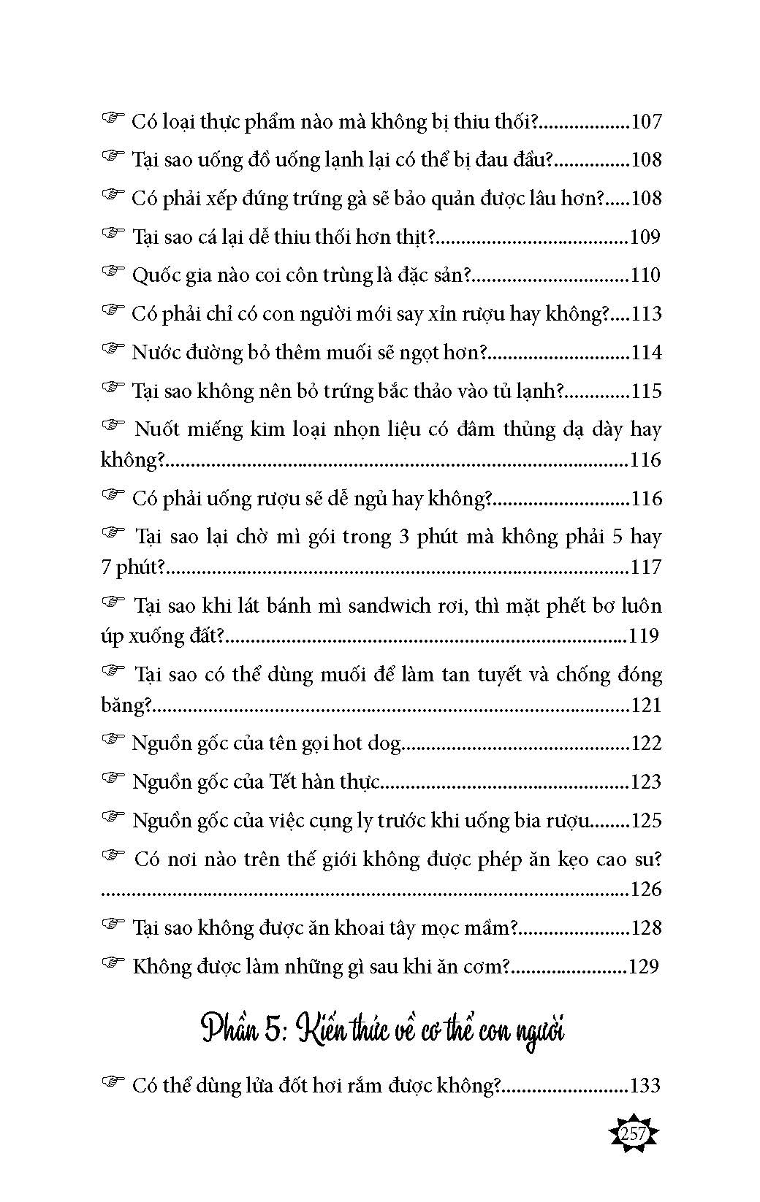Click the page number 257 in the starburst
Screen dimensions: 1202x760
pos(633,1135)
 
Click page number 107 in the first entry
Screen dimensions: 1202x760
pos(645,121)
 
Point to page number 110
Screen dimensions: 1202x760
pos(645,275)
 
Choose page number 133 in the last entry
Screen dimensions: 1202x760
pos(645,1086)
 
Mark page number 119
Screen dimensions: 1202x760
pos(643,636)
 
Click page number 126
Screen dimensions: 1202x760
pos(645,889)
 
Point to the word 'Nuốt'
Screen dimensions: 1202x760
pos(158,429)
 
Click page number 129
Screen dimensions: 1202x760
pos(643,967)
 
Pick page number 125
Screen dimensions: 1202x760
pos(645,821)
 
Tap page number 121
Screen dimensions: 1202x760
pos(645,705)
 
